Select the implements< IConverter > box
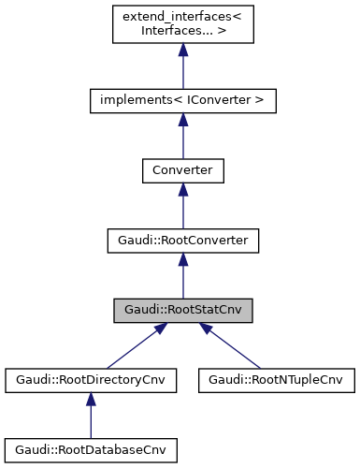tap(183, 99)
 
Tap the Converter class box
tap(183, 170)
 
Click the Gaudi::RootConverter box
tap(183, 241)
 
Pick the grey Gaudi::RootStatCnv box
tap(183, 311)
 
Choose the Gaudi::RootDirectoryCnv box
tap(91, 381)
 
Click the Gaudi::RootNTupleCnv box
tap(277, 381)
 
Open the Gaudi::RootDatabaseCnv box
tap(91, 451)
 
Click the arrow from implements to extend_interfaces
tap(183, 70)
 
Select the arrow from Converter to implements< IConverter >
tap(183, 139)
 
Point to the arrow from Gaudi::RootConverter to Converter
tap(183, 210)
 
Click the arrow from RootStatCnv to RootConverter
tap(183, 280)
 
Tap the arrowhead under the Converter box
tap(183, 191)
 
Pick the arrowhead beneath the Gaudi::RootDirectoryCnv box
tap(91, 402)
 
